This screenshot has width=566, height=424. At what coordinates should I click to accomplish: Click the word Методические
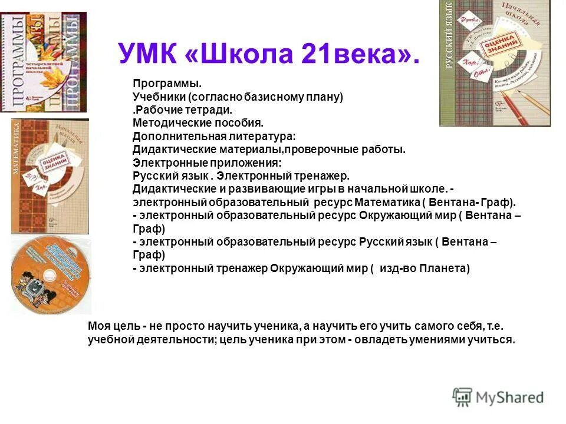pos(167,123)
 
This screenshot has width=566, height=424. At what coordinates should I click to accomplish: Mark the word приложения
pos(239,163)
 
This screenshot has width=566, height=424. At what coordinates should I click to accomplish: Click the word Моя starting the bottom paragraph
pos(98,326)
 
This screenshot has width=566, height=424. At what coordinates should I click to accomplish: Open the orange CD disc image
pos(51,275)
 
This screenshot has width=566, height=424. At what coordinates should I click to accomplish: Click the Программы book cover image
pos(43,62)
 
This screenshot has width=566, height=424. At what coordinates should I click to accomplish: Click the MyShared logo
pos(498,397)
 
